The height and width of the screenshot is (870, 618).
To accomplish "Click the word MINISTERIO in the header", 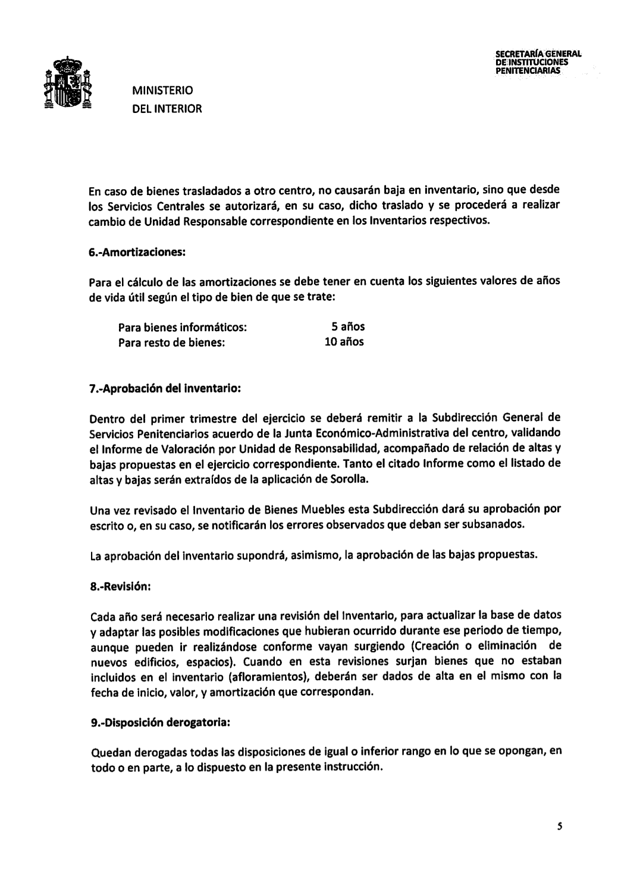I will tap(162, 91).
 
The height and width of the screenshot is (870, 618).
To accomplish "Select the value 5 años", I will tap(347, 326).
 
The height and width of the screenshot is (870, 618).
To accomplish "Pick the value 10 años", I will tap(344, 342).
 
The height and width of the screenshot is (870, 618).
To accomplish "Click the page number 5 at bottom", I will tap(560, 826).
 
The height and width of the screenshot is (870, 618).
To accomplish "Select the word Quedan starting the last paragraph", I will tap(110, 753).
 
